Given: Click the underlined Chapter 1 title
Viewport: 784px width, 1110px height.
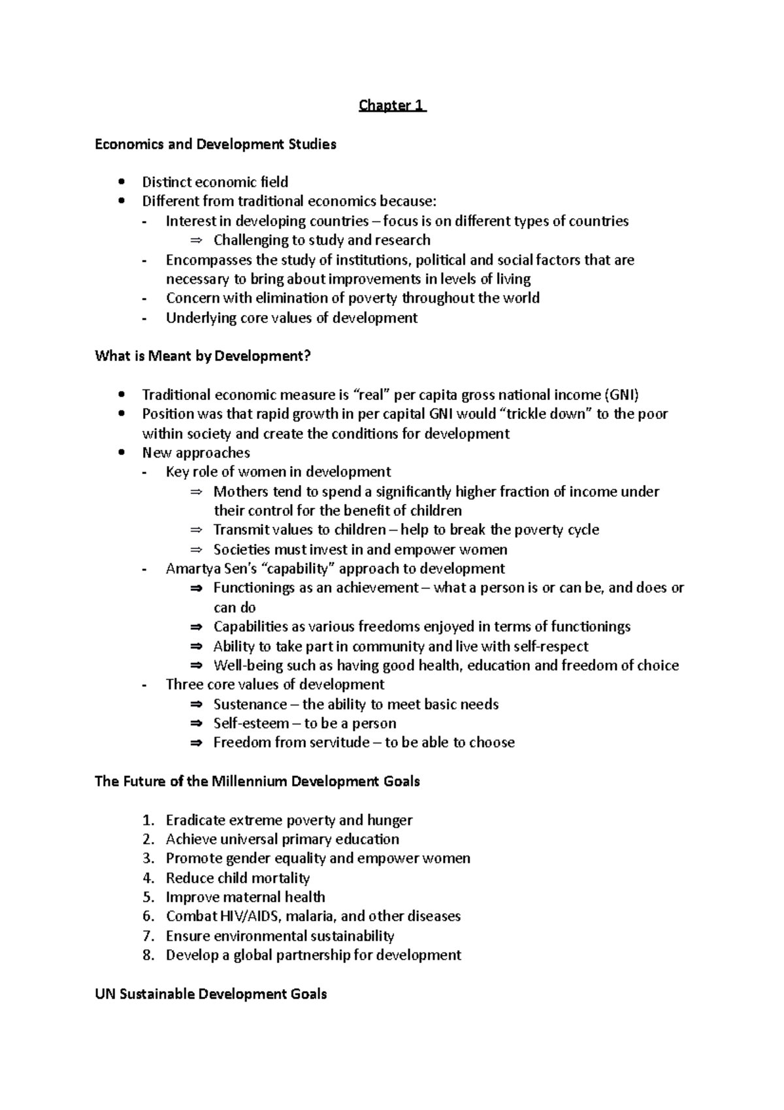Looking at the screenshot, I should pos(392,106).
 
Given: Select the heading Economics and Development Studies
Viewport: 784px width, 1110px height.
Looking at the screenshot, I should pos(216,144).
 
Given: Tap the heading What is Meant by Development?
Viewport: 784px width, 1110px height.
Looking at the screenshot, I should pos(203,356).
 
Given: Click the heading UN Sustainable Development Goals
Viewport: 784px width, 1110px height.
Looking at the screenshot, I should pos(210,994).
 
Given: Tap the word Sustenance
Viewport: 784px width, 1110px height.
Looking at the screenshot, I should pos(250,705).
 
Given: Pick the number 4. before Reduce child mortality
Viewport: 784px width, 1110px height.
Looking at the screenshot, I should pos(148,878).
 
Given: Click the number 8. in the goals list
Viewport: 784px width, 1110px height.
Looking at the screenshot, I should pos(148,955).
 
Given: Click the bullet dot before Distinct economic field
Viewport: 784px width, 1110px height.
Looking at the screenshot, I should pos(121,182).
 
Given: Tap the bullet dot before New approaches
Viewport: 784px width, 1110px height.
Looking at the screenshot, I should pos(121,453).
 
